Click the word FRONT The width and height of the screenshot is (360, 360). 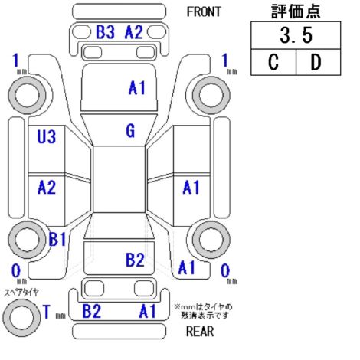click(204, 11)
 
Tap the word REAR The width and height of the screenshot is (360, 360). click(200, 332)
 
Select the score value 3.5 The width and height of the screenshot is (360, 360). click(296, 35)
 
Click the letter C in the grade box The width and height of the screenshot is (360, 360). click(273, 62)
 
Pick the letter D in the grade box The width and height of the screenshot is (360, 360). click(316, 62)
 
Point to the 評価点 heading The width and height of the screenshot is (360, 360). click(296, 11)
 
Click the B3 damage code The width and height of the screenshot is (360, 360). click(105, 32)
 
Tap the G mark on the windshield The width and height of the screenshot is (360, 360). click(130, 131)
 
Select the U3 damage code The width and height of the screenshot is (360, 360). click(47, 136)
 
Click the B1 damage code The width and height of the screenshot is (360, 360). click(57, 239)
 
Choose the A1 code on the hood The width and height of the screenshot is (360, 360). click(136, 87)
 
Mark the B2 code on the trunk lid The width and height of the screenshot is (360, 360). click(135, 260)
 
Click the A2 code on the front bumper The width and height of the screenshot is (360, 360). click(134, 32)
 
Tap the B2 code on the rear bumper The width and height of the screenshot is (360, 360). click(92, 311)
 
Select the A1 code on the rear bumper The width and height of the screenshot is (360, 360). click(148, 311)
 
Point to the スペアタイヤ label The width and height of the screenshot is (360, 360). click(21, 292)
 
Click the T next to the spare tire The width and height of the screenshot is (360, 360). click(47, 312)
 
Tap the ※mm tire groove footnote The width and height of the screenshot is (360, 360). click(203, 311)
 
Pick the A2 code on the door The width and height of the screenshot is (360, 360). click(47, 187)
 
